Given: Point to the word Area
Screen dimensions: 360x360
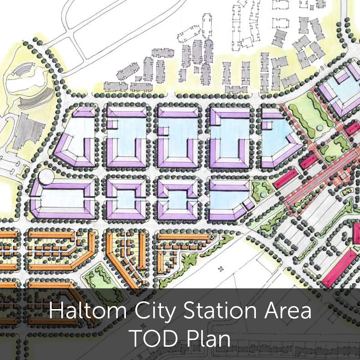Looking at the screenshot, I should click(287, 311).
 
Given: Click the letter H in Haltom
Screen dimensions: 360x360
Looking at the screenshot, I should click(56, 311).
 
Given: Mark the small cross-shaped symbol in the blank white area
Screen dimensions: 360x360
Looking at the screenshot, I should click(221, 268).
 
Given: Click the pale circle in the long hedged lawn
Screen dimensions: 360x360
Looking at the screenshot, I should click(320, 128).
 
